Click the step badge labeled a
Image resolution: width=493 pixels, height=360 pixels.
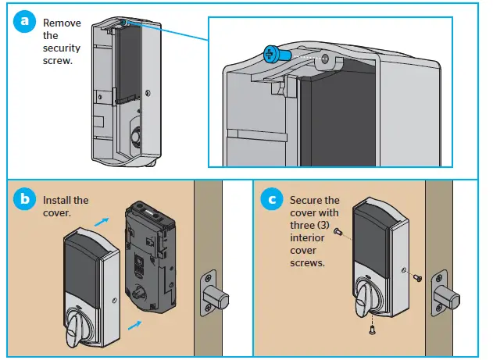point(25,21)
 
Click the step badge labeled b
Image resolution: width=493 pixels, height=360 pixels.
point(25,199)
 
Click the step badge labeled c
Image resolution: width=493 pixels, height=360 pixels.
point(271,199)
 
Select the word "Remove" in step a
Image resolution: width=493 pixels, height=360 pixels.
point(62,23)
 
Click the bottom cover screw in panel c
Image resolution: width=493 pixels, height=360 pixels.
point(370,330)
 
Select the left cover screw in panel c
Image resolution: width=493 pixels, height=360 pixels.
point(336,232)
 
